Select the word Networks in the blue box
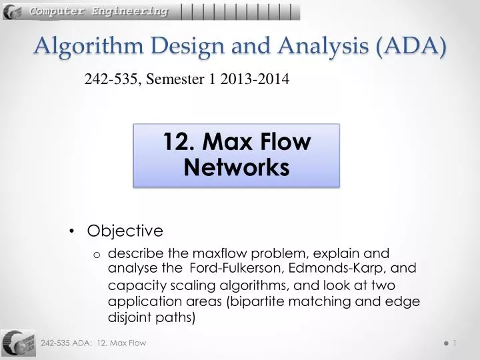pyautogui.click(x=237, y=167)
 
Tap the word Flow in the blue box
pyautogui.click(x=287, y=142)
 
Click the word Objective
pyautogui.click(x=125, y=231)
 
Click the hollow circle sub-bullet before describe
pyautogui.click(x=97, y=255)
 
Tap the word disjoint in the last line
pyautogui.click(x=129, y=317)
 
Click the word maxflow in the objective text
pyautogui.click(x=215, y=253)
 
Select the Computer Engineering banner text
pyautogui.click(x=98, y=11)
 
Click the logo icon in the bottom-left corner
pyautogui.click(x=18, y=343)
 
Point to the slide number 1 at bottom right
pyautogui.click(x=454, y=343)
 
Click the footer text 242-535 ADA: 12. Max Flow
pyautogui.click(x=93, y=343)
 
